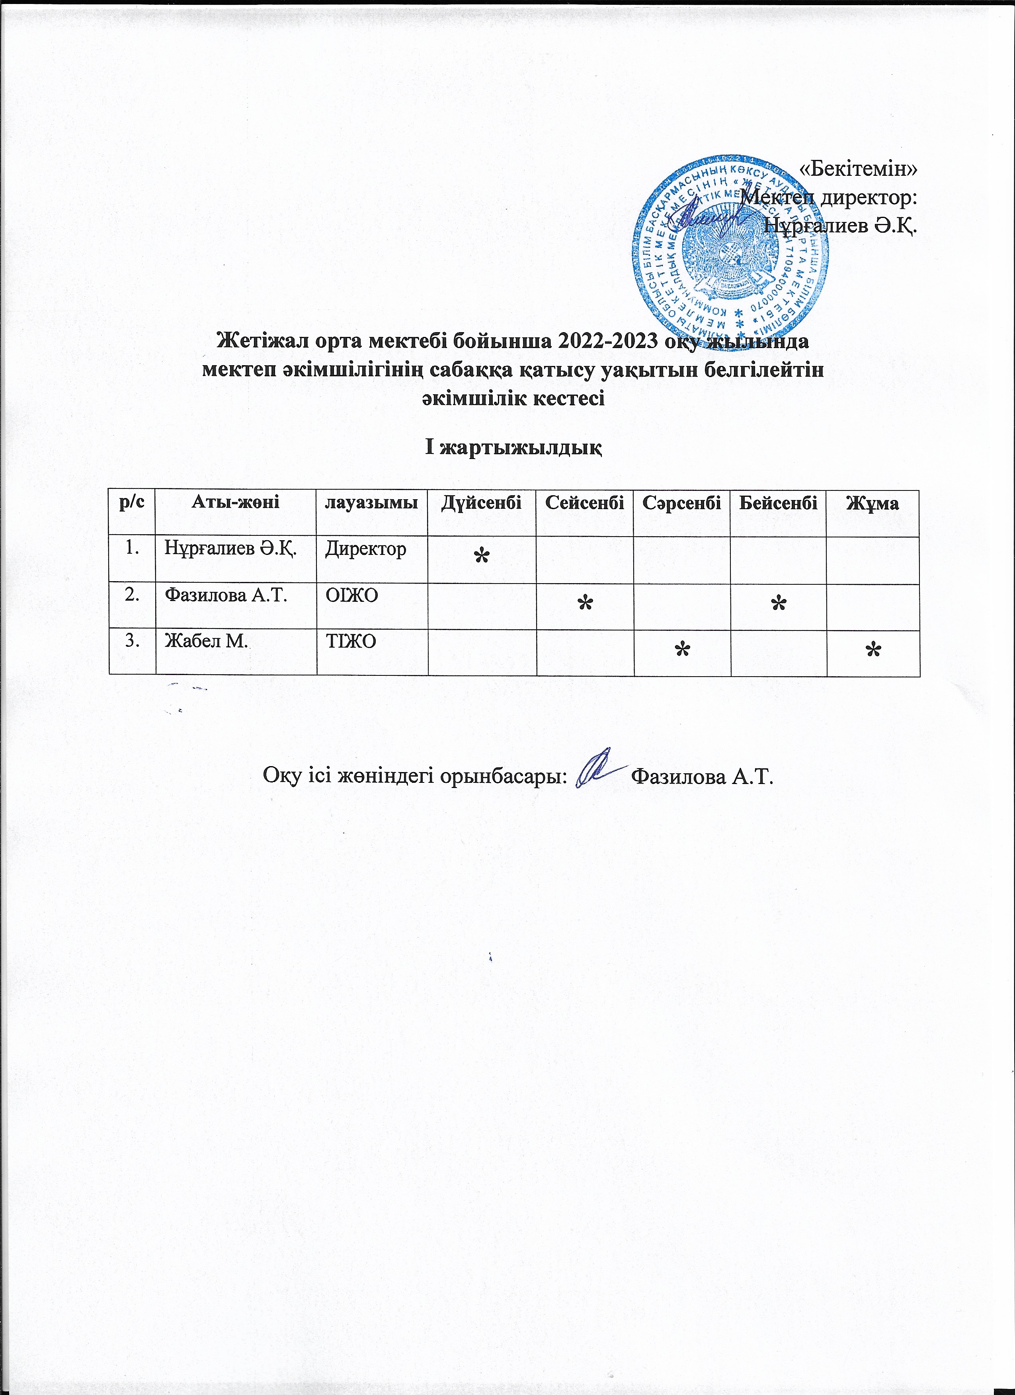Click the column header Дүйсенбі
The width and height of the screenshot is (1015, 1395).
(481, 503)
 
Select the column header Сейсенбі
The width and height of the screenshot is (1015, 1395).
(584, 503)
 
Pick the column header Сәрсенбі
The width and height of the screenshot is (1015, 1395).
(681, 503)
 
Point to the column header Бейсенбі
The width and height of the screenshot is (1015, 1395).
(778, 503)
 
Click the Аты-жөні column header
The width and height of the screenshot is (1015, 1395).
(236, 503)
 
